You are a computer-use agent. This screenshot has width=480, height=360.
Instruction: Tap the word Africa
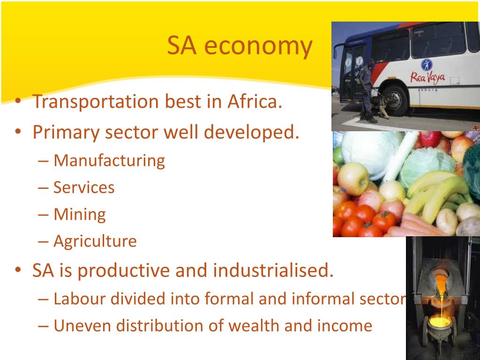point(255,101)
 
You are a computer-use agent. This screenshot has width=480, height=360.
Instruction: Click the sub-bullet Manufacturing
point(109,161)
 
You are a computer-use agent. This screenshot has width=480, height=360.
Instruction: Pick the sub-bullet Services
point(84,187)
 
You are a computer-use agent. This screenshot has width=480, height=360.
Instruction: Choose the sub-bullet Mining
point(80,214)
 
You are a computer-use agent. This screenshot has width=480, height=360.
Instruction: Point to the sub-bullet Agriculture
point(95,241)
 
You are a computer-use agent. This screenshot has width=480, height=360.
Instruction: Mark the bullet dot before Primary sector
point(18,132)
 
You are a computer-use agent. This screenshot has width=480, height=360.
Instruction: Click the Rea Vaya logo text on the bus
point(427,77)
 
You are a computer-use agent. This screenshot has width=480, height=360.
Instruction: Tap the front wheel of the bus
point(395,100)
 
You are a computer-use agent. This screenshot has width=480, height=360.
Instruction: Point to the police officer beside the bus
point(367,91)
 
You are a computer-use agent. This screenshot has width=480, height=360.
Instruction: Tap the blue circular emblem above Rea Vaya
point(427,65)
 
